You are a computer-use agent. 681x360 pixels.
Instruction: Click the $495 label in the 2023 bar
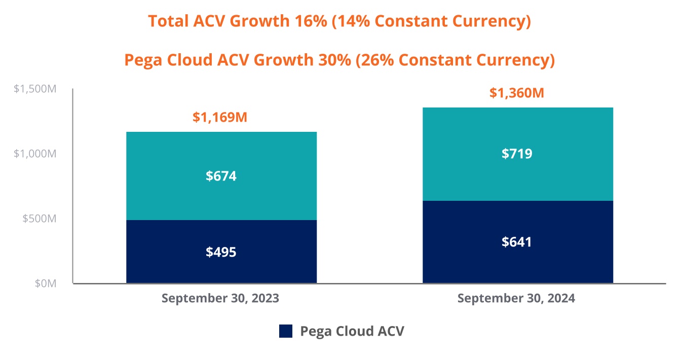221,252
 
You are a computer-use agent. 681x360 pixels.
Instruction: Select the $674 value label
221,176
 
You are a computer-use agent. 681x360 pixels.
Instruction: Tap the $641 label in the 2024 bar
517,242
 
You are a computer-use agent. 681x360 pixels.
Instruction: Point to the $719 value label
517,154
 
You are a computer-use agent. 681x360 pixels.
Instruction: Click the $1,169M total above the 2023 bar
220,118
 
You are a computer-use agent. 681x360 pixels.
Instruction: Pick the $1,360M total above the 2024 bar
516,93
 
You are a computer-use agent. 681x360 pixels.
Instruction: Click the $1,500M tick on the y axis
35,89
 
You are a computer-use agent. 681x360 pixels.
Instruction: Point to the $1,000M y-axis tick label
35,154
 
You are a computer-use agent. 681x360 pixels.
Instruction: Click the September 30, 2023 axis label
220,298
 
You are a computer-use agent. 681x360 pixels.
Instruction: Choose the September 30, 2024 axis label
516,298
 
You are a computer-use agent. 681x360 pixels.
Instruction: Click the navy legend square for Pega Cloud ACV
286,331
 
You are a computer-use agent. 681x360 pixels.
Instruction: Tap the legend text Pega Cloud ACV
352,331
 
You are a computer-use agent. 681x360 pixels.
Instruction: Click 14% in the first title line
349,22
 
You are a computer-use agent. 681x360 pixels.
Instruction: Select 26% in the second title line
372,60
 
